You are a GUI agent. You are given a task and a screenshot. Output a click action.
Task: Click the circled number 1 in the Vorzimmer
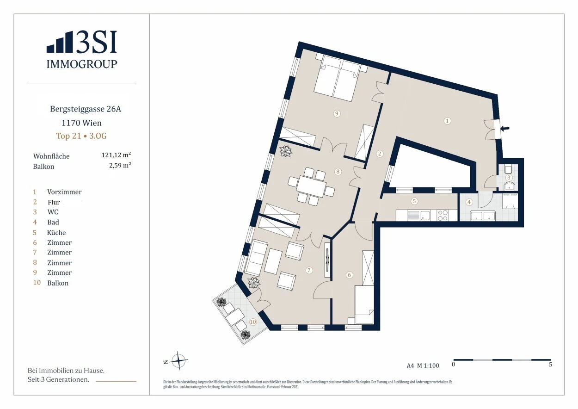447,121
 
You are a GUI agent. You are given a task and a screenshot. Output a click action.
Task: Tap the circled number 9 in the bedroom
337,113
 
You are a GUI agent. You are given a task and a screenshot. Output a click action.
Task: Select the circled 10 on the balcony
253,322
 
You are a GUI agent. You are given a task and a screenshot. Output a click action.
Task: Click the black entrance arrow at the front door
505,128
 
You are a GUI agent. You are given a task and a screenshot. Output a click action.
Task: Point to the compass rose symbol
178,359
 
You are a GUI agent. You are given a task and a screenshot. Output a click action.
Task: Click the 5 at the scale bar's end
550,365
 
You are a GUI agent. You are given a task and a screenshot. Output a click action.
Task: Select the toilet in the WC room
508,169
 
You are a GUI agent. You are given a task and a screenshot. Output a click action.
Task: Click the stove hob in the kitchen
443,215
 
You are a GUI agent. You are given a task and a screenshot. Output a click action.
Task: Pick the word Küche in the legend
56,233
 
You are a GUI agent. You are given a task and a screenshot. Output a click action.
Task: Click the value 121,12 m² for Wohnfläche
116,155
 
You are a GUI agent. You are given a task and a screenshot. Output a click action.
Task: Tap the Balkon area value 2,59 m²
120,165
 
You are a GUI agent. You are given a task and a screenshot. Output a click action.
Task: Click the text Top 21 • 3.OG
81,136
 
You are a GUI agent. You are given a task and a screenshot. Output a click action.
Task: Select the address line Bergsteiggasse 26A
86,109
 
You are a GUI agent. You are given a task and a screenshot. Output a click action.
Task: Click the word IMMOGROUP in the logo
82,64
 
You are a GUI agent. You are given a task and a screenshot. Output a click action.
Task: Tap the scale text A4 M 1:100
423,366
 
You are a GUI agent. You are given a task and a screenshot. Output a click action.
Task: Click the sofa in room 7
256,257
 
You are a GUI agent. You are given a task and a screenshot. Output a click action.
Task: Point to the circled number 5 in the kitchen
414,201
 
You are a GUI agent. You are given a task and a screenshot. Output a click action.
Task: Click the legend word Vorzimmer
64,192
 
